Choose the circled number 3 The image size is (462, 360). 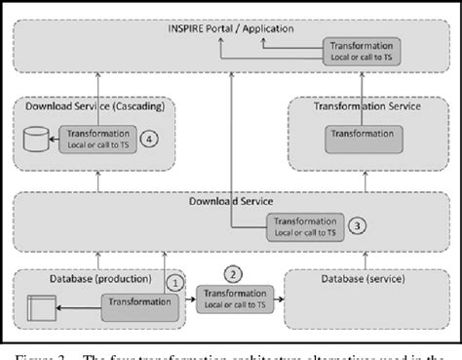tap(359, 226)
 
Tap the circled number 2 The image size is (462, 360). tap(233, 274)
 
